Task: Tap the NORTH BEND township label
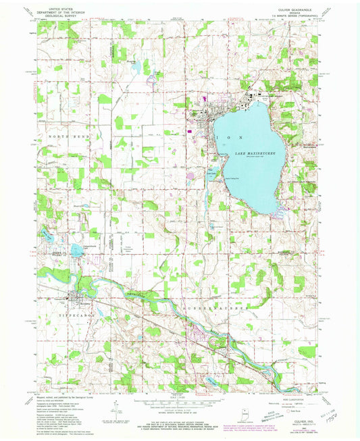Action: tap(68, 136)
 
